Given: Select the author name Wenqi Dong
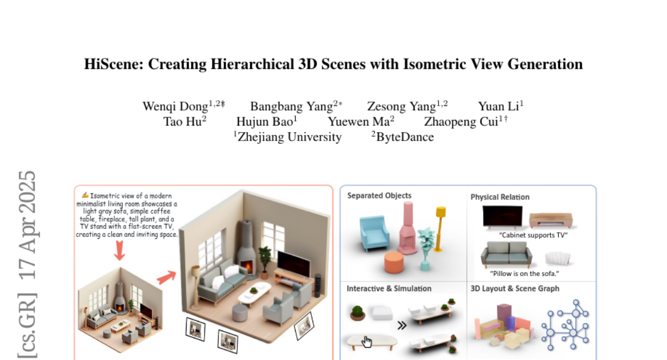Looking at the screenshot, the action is pyautogui.click(x=175, y=107).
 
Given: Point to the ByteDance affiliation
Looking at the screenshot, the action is pyautogui.click(x=405, y=137).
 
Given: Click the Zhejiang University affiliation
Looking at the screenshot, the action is pyautogui.click(x=290, y=137).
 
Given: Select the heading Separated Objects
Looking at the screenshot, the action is pyautogui.click(x=379, y=196).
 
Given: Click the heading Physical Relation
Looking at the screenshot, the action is pyautogui.click(x=500, y=197).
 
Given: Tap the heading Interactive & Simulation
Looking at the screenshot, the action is pyautogui.click(x=389, y=288).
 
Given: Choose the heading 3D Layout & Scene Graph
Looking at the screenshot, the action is pyautogui.click(x=515, y=288).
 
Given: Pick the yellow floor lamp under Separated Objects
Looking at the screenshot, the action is pyautogui.click(x=440, y=228).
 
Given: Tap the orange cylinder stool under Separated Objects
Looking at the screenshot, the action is pyautogui.click(x=394, y=262).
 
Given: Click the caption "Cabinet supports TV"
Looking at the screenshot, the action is pyautogui.click(x=533, y=236).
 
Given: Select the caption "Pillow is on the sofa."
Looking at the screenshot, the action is pyautogui.click(x=524, y=274).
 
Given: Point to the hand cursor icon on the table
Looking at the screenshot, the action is pyautogui.click(x=367, y=342).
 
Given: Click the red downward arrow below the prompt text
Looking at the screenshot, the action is pyautogui.click(x=120, y=251).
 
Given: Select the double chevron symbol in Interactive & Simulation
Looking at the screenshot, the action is pyautogui.click(x=402, y=326).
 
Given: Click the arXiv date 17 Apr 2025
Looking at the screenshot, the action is pyautogui.click(x=27, y=225).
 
